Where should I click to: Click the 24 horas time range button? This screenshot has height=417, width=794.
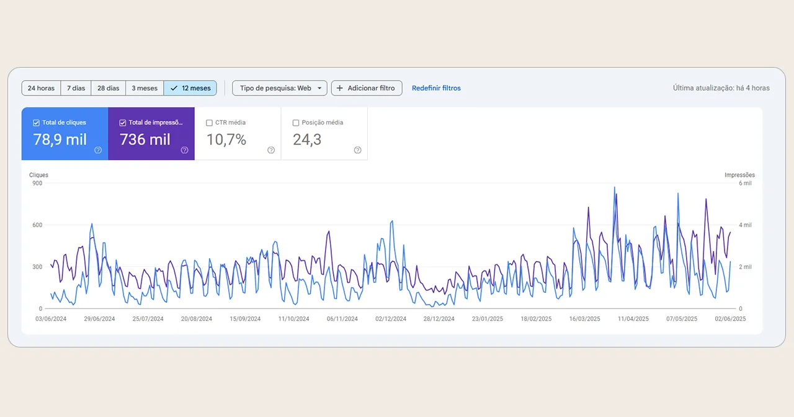tap(41, 88)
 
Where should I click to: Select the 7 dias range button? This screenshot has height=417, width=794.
tap(76, 88)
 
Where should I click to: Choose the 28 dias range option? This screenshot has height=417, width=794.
tap(108, 88)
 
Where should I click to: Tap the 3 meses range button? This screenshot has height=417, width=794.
tap(145, 88)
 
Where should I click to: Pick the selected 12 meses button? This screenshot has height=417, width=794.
tap(190, 88)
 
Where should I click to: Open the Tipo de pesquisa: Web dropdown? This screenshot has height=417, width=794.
tap(279, 88)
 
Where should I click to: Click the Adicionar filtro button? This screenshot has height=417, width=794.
tap(366, 88)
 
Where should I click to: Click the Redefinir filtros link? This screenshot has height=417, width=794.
tap(436, 88)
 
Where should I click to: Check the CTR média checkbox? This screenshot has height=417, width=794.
tap(210, 123)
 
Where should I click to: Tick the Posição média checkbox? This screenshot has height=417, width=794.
tap(296, 123)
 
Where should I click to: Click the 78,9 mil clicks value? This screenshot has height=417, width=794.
tap(60, 140)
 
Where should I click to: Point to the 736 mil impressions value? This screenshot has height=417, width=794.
tap(145, 140)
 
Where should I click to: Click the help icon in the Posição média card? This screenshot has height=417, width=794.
tap(357, 150)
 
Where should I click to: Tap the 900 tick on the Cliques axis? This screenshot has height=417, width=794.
tap(37, 183)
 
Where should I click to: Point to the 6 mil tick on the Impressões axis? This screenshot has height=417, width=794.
tap(744, 183)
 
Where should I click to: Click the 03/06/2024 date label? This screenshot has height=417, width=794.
tap(51, 319)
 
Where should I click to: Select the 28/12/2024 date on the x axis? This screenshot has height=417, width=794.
tap(439, 319)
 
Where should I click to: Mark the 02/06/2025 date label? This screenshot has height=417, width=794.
tap(731, 319)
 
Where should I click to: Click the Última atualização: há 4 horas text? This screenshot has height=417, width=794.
tap(721, 88)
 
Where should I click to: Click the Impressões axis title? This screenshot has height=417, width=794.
tap(739, 175)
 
